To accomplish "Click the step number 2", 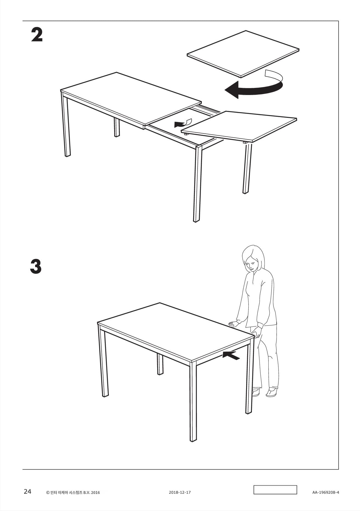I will (x=37, y=35).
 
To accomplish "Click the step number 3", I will (x=36, y=266).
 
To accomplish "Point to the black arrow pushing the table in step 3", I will (x=231, y=355).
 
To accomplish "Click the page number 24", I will (x=27, y=492).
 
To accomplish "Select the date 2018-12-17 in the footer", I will (x=180, y=492).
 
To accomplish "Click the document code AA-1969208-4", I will (x=325, y=492).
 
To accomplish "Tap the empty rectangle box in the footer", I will (x=275, y=490).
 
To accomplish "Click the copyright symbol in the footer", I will (x=48, y=493).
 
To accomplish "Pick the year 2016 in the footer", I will (x=95, y=493).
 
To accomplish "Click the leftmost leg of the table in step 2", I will (x=66, y=125).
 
